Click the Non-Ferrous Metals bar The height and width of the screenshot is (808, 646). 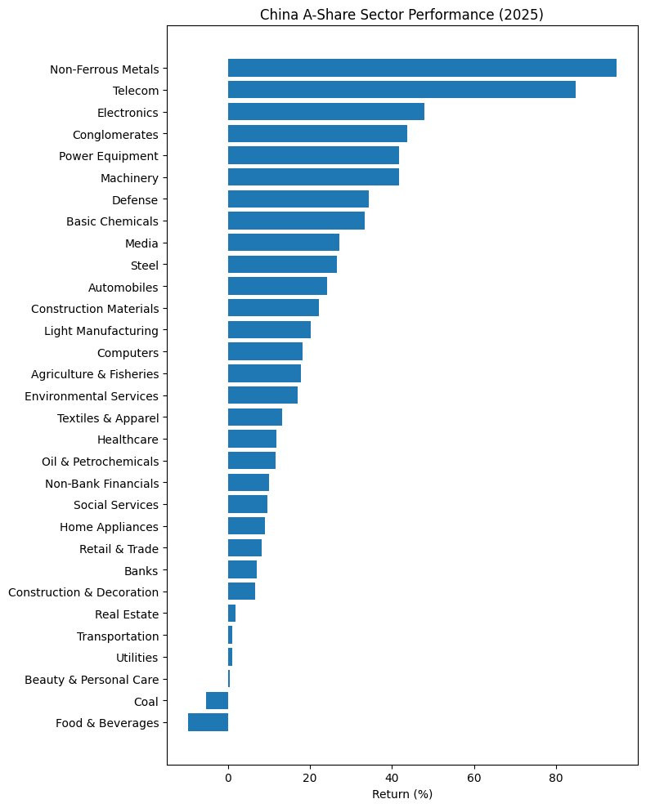click(x=422, y=69)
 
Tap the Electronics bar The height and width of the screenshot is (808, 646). click(x=326, y=112)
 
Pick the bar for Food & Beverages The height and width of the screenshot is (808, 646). click(x=208, y=722)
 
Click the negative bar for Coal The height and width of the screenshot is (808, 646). click(x=217, y=701)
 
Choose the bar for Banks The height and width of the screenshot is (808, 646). click(x=242, y=570)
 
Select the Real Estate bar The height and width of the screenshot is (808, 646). click(x=231, y=614)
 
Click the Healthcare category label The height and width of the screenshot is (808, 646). click(x=128, y=440)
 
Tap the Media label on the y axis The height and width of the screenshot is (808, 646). click(x=142, y=243)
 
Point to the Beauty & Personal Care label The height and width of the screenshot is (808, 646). click(x=92, y=679)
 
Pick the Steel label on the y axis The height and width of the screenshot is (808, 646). click(x=145, y=265)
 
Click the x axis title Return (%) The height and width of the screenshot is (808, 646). click(x=402, y=794)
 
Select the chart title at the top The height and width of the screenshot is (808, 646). click(x=402, y=15)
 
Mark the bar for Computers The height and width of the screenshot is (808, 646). click(x=265, y=352)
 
